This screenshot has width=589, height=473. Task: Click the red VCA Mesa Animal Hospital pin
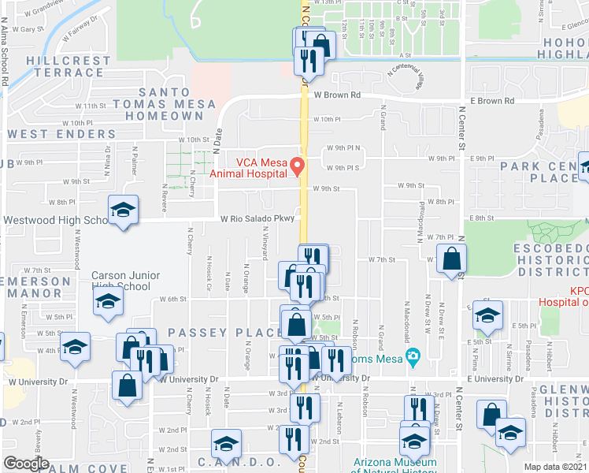[298, 166]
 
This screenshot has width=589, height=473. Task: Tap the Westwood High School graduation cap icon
[122, 210]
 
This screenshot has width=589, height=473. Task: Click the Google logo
[26, 464]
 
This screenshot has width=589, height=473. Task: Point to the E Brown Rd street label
[492, 101]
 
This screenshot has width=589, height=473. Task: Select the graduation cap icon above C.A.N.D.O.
[225, 445]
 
